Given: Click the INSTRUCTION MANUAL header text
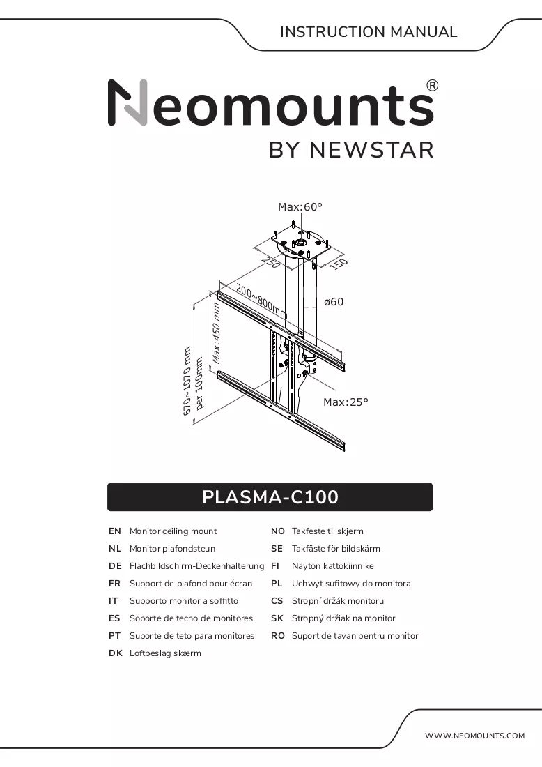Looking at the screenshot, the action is coord(369,32).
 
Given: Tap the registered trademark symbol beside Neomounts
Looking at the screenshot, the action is coord(433,86).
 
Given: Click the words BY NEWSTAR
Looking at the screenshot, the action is coord(351,150).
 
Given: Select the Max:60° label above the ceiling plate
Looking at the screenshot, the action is coord(300,207).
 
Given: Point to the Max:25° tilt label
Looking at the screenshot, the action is coord(346,402).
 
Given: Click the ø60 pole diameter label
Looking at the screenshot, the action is coord(334,302).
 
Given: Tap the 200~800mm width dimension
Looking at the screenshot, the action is coord(261,301).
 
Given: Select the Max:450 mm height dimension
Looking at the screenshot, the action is coord(217,333).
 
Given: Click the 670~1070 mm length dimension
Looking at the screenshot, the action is coord(187,381).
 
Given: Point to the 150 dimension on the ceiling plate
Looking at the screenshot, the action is coord(338,264).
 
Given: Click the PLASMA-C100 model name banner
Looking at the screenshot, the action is coord(270,497).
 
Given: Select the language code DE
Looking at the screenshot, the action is coord(116,566).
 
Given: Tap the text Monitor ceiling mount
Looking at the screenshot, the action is coord(173,531).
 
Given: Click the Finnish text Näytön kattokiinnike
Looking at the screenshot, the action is coord(333,566).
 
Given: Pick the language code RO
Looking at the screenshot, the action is coord(277,636).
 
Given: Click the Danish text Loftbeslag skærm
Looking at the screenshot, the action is coord(165,653).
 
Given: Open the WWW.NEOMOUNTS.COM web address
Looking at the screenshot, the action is coord(475,736).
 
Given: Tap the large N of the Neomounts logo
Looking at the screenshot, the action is coord(127,102).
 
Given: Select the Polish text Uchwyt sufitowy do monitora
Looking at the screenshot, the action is coord(351,584).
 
